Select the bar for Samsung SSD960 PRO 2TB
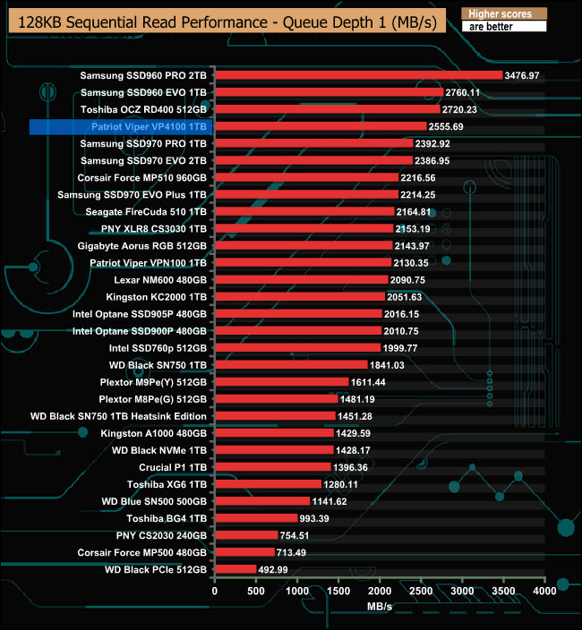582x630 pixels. coord(358,75)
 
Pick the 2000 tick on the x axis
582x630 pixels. coord(380,591)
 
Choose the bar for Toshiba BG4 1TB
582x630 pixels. coord(256,518)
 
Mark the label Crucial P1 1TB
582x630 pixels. coord(173,467)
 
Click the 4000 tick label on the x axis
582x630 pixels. coord(544,591)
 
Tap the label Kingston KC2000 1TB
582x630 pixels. coord(157,297)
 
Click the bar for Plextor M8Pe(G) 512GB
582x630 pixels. coord(276,399)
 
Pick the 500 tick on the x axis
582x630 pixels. coord(256,591)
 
